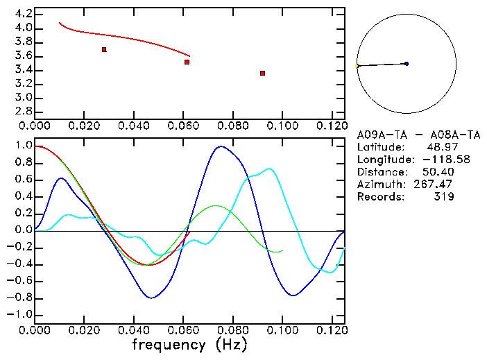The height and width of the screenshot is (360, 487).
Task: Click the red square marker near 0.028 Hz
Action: (104, 49)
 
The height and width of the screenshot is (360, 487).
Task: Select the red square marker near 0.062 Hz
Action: (187, 62)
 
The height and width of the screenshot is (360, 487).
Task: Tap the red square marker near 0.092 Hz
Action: (262, 73)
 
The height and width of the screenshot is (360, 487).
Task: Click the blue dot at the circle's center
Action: (407, 64)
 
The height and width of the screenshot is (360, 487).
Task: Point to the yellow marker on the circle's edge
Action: (357, 67)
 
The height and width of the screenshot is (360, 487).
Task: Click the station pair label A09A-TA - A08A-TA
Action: (419, 135)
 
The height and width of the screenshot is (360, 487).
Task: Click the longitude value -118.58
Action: (436, 160)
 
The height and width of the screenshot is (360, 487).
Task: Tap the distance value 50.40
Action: (438, 172)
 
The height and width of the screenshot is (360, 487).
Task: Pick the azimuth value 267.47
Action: (436, 185)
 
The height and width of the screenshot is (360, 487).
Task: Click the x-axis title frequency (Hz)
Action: (189, 344)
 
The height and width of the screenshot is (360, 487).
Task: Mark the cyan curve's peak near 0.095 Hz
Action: (269, 169)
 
